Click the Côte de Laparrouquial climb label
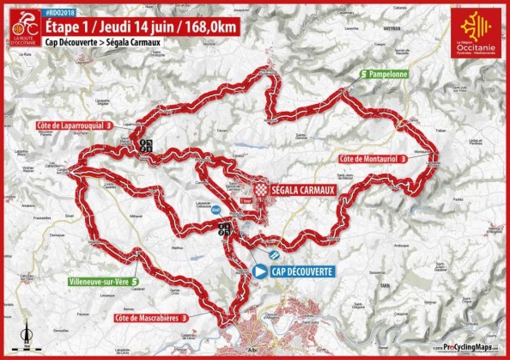tap(75, 125)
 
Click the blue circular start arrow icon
tap(260, 271)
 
